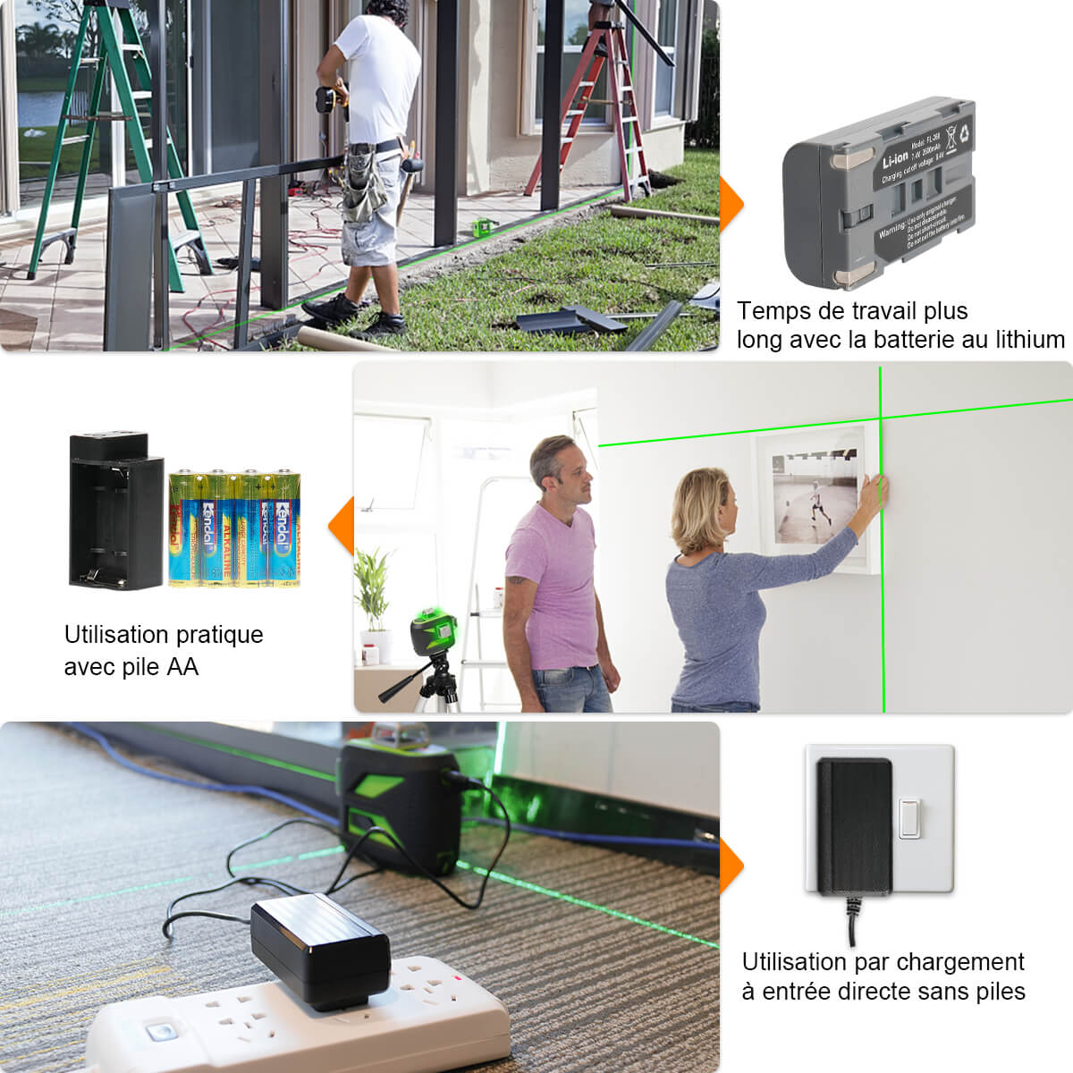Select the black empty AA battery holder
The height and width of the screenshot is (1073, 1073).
coord(115,511)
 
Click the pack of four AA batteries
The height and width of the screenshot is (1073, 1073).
coord(234,528)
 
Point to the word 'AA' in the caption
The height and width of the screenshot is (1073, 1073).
coord(182,667)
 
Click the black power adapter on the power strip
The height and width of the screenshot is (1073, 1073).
coord(320,949)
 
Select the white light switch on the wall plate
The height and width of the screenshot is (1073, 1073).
coord(909,818)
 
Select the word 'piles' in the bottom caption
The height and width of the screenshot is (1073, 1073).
coord(997,991)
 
